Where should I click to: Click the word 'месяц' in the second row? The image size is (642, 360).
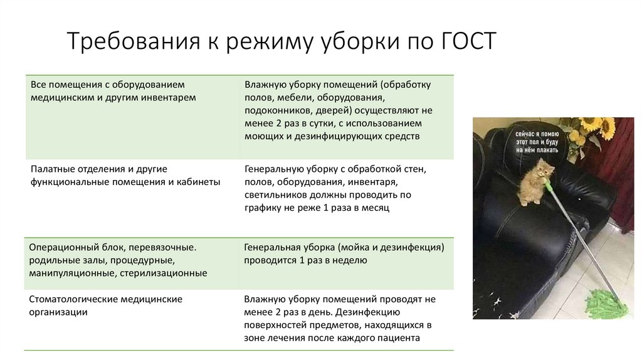point(376,208)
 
